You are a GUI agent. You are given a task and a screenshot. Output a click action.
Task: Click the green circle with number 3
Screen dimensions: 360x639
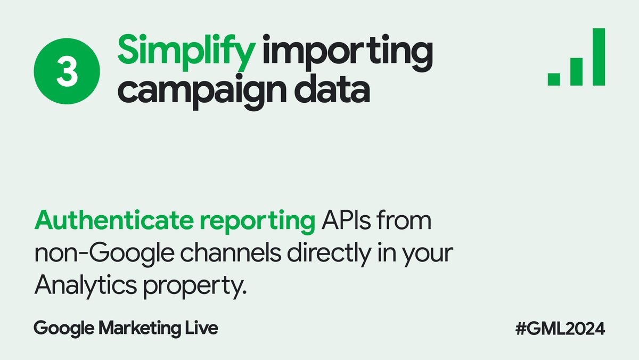coord(67,73)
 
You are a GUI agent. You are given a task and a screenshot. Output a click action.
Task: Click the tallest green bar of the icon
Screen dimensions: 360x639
coord(599,56)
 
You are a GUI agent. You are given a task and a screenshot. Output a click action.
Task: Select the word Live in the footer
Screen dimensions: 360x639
coord(203,328)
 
